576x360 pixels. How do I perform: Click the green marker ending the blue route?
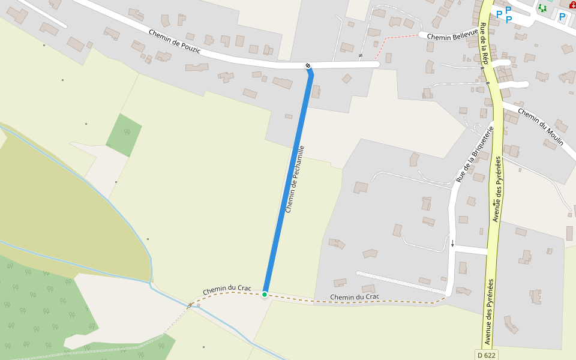(265, 294)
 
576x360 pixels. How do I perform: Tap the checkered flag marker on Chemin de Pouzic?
(308, 65)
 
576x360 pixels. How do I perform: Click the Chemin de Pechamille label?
(295, 179)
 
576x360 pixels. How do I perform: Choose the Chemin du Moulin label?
(538, 125)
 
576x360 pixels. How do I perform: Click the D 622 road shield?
(487, 355)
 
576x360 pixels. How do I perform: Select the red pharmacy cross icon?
(572, 5)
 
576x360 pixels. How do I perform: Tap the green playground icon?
(542, 8)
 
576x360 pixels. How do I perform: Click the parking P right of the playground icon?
(562, 17)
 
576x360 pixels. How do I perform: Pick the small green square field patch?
(124, 134)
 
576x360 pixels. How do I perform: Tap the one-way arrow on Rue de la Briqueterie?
(453, 244)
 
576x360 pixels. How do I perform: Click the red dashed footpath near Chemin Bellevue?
(396, 38)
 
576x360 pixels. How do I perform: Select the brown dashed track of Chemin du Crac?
(384, 301)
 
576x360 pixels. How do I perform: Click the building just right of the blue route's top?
(316, 91)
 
